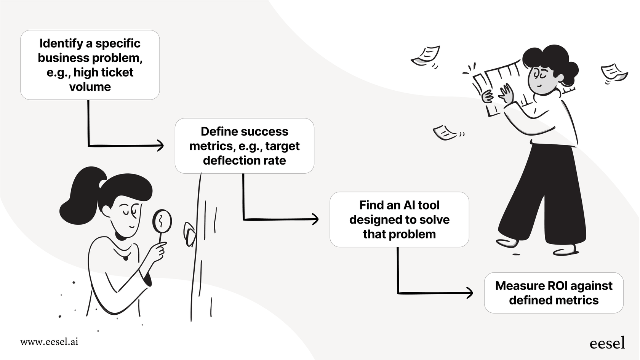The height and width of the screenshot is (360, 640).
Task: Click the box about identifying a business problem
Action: coord(90,65)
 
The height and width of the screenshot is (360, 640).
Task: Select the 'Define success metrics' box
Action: coord(244,146)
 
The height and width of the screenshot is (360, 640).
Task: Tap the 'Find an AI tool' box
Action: coord(399,219)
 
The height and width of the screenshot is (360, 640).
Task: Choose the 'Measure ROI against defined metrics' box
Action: coord(553,293)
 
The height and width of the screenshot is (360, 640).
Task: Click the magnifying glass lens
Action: coord(162,221)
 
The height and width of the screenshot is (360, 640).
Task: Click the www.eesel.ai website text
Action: coord(49,342)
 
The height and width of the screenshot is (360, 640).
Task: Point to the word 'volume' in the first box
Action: coord(90,87)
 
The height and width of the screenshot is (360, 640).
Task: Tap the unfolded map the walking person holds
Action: coord(495,86)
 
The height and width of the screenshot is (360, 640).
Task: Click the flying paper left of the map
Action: coord(426,56)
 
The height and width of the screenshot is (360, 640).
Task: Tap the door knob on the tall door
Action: coord(189,234)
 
